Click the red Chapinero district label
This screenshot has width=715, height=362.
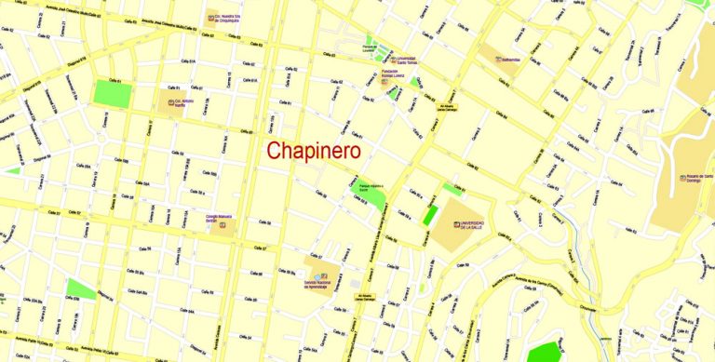313,151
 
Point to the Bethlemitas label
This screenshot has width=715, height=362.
516,60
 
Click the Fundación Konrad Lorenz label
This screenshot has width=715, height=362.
401,77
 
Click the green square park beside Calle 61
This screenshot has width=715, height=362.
114,93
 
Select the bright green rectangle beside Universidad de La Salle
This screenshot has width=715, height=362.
429,213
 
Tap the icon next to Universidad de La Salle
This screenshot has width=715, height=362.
457,224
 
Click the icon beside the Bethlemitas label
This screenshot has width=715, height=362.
500,59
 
